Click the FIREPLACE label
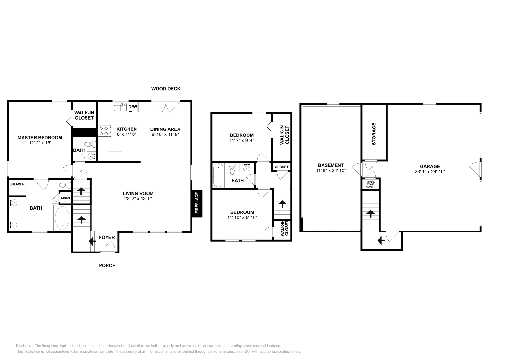click(197, 204)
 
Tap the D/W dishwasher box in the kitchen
click(133, 107)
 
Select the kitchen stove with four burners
click(104, 131)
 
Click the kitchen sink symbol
click(120, 107)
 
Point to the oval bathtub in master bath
click(62, 218)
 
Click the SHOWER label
click(17, 184)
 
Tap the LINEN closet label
click(66, 198)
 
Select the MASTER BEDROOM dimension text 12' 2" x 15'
click(40, 143)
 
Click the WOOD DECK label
click(166, 89)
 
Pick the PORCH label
click(107, 265)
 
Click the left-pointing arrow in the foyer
click(93, 242)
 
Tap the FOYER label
click(107, 237)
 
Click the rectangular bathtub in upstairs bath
click(218, 176)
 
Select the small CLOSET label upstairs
click(282, 167)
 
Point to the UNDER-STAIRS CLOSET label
click(371, 184)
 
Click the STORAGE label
click(374, 134)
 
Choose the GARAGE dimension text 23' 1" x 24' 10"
click(430, 171)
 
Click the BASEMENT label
click(331, 165)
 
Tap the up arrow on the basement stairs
click(371, 213)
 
